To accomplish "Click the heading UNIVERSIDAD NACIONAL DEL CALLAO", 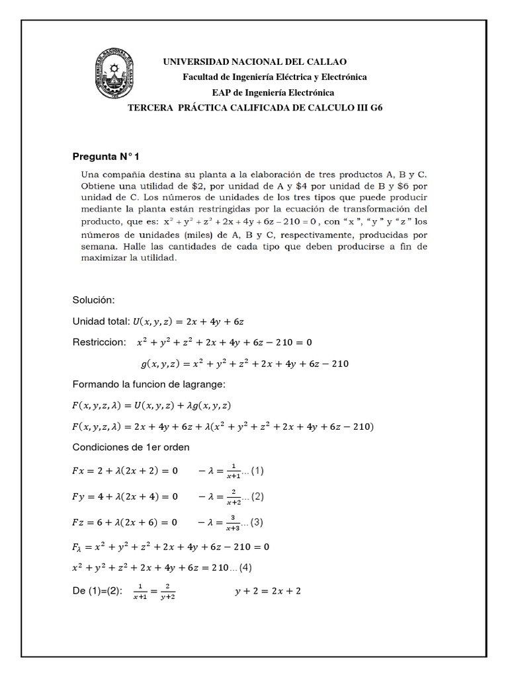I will click(x=255, y=61).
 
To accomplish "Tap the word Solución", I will click(x=93, y=300).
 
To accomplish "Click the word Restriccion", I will click(x=99, y=342).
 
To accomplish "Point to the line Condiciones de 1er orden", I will click(x=130, y=447).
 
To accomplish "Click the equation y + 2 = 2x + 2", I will click(x=267, y=590).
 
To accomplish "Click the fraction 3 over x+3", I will click(x=232, y=522).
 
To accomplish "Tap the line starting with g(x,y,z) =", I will click(x=245, y=363).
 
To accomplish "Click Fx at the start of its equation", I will click(x=79, y=471).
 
